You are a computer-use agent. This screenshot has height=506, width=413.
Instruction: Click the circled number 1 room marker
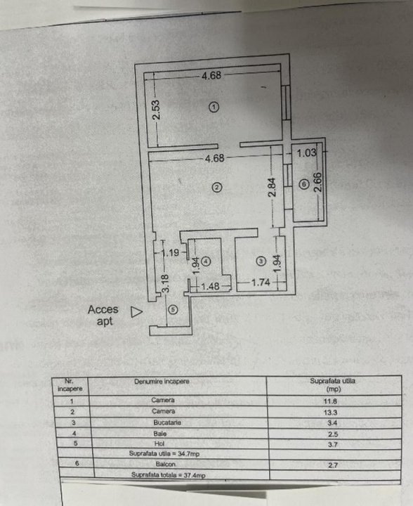214,107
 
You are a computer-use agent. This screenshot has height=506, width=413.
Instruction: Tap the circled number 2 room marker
216,187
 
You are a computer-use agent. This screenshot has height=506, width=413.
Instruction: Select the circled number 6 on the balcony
303,184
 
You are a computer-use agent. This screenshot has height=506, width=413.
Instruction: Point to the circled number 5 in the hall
173,310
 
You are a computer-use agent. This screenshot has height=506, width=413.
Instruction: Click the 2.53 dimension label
156,110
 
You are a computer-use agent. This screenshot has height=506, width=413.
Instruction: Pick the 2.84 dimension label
272,187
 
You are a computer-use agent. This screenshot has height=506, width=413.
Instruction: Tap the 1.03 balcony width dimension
307,153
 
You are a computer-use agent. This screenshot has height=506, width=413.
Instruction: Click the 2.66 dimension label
318,182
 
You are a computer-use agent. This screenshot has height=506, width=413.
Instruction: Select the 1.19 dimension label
171,252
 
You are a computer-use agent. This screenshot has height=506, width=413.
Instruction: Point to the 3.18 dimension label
165,283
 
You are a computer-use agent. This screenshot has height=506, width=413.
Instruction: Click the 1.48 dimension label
210,286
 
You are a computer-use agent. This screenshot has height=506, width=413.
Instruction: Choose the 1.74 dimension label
261,283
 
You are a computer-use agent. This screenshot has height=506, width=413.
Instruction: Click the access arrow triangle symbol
136,312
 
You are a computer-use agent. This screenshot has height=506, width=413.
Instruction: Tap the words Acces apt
103,316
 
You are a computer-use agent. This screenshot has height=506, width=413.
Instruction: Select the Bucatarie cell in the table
167,422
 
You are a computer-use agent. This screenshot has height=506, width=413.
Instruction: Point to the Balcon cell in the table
166,464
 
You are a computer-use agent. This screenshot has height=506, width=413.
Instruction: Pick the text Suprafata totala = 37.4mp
169,475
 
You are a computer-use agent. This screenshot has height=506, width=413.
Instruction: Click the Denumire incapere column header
162,382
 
